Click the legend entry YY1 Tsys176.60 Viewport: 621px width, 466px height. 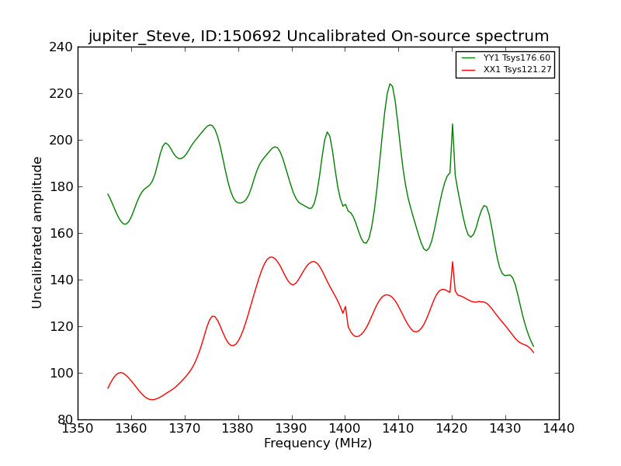(516, 57)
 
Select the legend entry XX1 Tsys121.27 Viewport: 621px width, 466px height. (516, 70)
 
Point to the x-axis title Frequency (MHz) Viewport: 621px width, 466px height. (317, 443)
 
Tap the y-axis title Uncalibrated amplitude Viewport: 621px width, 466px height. (38, 232)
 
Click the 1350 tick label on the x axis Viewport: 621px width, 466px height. (78, 428)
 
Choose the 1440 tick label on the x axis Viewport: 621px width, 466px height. (559, 428)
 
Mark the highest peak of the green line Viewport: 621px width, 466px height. (390, 84)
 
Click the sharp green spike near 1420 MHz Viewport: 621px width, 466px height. (453, 124)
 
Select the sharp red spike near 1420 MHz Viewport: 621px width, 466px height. (453, 262)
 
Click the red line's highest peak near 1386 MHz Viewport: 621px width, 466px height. (271, 257)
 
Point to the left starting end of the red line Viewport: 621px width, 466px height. (108, 388)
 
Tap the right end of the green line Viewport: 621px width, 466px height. (533, 346)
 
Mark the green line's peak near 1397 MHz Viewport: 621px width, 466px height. (327, 132)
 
